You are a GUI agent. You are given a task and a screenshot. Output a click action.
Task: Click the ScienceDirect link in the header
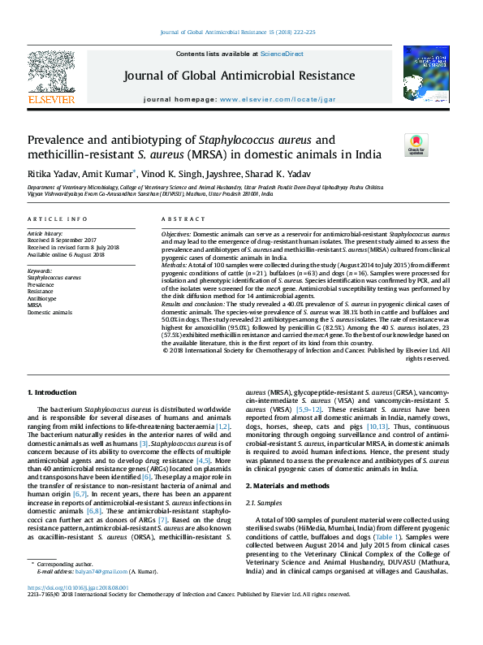[282, 54]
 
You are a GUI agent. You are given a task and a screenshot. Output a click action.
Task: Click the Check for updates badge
[416, 145]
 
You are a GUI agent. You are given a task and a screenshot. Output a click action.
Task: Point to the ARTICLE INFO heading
[57, 220]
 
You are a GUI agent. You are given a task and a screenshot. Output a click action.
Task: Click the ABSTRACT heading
[179, 220]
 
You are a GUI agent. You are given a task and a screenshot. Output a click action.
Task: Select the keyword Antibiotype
[42, 298]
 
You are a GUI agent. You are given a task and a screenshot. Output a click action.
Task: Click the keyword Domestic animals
[50, 311]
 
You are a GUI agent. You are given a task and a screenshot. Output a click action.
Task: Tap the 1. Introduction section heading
[54, 392]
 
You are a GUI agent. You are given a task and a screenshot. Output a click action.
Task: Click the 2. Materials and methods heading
[287, 485]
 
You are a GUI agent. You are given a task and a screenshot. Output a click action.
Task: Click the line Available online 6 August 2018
[66, 254]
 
